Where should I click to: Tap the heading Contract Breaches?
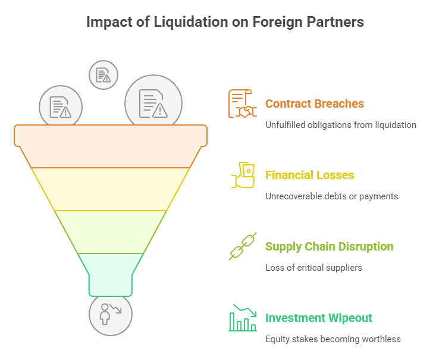point(314,104)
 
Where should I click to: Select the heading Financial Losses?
point(309,175)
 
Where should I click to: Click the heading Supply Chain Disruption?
point(329,246)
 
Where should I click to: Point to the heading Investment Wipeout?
point(318,318)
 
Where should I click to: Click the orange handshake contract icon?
point(242,104)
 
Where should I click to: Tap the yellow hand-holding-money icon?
point(242,175)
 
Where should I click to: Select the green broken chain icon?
point(242,246)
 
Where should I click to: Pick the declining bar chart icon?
point(242,318)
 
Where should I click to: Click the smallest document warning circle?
point(103,74)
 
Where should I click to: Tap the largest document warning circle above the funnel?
point(153,99)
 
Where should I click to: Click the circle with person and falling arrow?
point(110,315)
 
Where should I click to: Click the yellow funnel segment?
point(111,189)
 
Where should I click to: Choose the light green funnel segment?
point(111,231)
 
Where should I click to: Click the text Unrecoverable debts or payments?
point(331,196)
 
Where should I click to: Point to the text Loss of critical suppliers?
point(313,268)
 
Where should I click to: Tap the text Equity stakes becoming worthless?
point(333,339)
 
